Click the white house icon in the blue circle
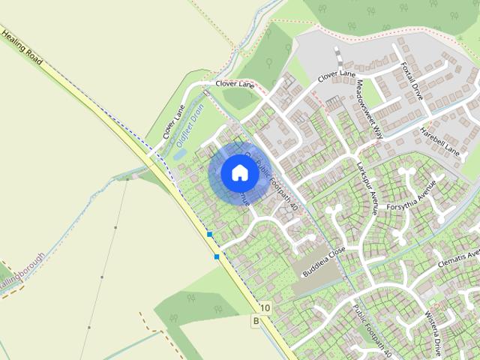[x=239, y=172]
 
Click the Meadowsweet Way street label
[x=370, y=109]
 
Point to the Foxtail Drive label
[x=412, y=81]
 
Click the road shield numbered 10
[x=265, y=307]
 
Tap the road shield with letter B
[x=256, y=322]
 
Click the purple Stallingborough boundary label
[x=22, y=270]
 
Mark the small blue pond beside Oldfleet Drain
[x=181, y=154]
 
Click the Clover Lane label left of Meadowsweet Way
[x=336, y=75]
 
